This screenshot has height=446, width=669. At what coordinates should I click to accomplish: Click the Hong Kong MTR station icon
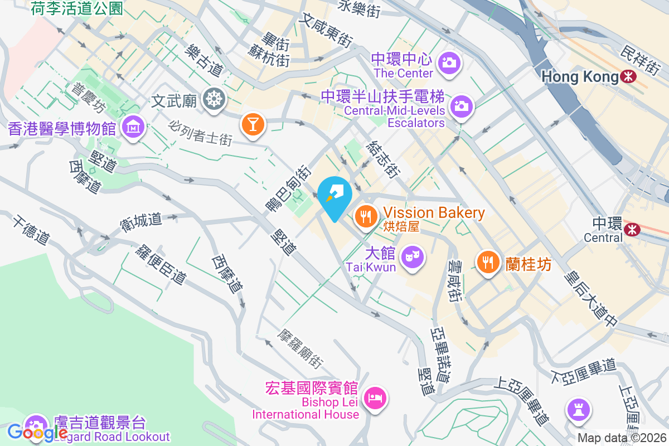pyautogui.click(x=628, y=77)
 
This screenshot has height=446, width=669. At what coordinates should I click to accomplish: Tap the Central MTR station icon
pyautogui.click(x=632, y=228)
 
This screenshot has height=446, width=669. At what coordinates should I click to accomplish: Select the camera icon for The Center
pyautogui.click(x=448, y=62)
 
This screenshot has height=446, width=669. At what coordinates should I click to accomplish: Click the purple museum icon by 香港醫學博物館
pyautogui.click(x=133, y=128)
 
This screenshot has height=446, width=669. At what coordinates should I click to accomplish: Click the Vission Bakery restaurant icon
pyautogui.click(x=366, y=214)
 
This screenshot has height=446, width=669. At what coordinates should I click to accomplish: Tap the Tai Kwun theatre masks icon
pyautogui.click(x=412, y=257)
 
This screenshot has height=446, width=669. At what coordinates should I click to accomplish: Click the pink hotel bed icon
pyautogui.click(x=374, y=397)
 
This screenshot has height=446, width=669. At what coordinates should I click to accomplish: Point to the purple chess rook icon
pyautogui.click(x=578, y=411)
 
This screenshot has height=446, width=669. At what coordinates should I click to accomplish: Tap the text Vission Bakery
pyautogui.click(x=434, y=212)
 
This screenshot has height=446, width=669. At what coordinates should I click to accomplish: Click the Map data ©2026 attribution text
pyautogui.click(x=621, y=438)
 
